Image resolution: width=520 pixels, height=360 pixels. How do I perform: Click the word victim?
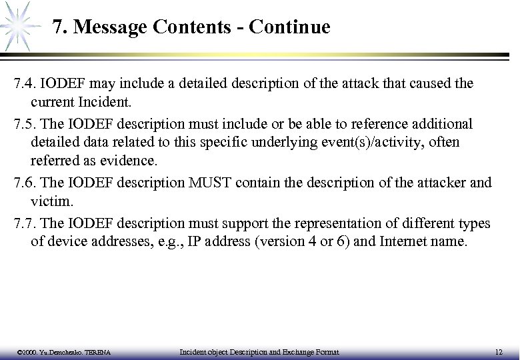click(x=49, y=203)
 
